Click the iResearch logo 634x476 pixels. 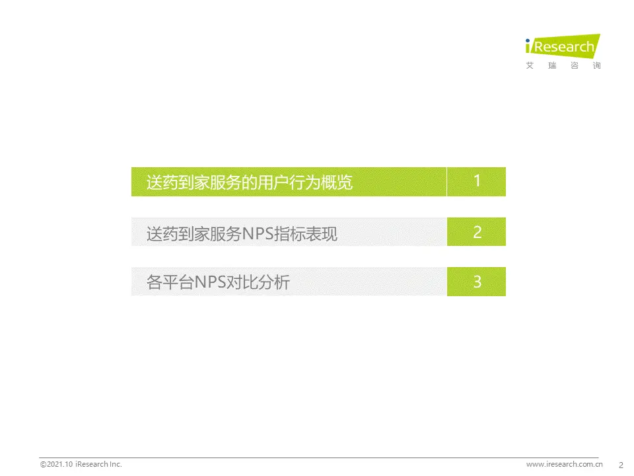point(563,52)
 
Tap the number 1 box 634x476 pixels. point(476,182)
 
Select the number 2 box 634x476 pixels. point(476,231)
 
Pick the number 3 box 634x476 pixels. point(476,282)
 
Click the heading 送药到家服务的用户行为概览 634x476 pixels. point(250,182)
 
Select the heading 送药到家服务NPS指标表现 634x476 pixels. point(242,234)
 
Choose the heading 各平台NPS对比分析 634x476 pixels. point(218,282)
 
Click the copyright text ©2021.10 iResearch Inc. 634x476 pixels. point(81,464)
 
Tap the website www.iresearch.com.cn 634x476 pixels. point(565,464)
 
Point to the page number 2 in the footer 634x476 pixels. point(621,465)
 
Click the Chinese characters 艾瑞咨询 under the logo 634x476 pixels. point(563,65)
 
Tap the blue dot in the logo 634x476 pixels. point(528,40)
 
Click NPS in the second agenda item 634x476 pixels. point(258,234)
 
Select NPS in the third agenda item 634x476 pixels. point(210,282)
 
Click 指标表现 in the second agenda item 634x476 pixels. point(306,234)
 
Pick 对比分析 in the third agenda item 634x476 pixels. point(258,282)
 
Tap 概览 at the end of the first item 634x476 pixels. point(337,182)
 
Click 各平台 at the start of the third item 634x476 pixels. point(170,282)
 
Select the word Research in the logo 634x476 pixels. point(564,46)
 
